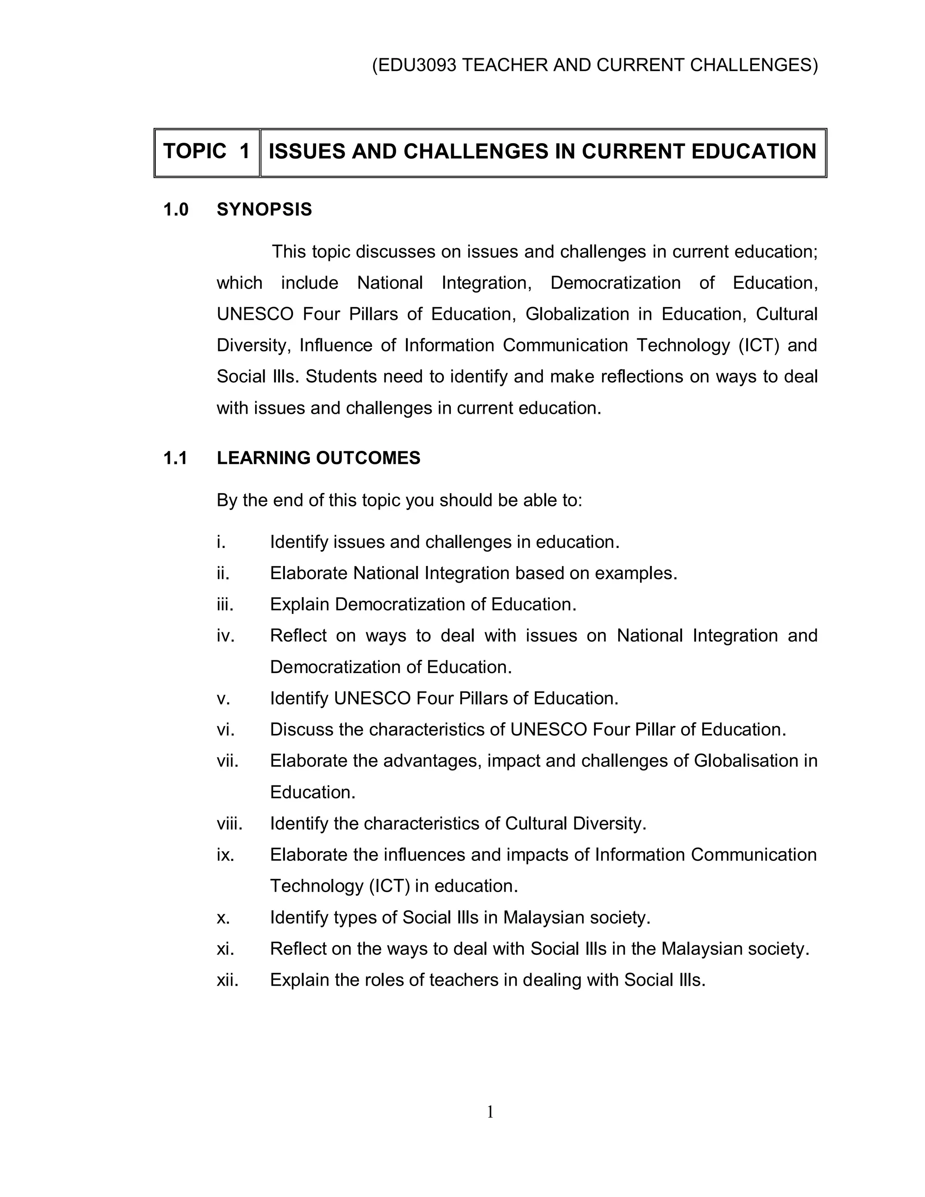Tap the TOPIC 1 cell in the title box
(206, 152)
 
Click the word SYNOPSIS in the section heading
(264, 210)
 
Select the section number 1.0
(176, 210)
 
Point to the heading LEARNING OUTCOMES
(318, 458)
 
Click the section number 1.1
(175, 458)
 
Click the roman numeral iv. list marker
(225, 636)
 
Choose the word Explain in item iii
(300, 604)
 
